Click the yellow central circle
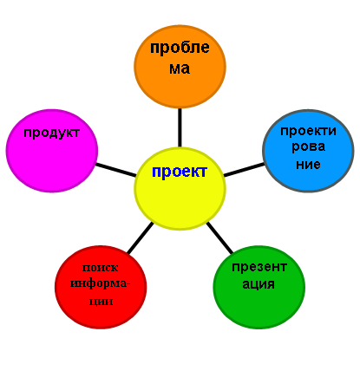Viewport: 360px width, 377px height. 180,189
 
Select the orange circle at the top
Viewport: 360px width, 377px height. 180,67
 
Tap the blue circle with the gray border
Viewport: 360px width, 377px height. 308,151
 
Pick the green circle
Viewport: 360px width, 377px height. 259,287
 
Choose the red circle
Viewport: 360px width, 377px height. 101,287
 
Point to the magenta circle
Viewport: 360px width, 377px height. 52,151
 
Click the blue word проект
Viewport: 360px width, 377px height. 180,172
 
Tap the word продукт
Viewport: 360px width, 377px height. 52,133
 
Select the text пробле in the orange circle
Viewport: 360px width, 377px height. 180,49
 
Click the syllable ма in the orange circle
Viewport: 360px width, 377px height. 180,68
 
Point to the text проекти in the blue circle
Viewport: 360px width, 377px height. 308,132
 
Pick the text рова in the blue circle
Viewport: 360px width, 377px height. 308,147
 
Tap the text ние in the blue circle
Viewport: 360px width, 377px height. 308,165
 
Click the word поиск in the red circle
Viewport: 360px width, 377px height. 100,268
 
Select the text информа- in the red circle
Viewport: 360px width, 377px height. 101,284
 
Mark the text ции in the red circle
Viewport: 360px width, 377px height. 101,302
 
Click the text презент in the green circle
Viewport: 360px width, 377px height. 259,268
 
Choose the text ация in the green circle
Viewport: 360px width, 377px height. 259,284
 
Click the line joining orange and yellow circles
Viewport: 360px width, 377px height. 180,127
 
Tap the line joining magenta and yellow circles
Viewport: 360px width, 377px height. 115,170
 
